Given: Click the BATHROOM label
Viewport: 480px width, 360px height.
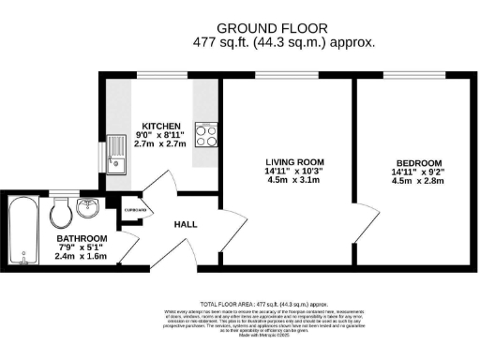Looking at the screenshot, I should tap(81, 239).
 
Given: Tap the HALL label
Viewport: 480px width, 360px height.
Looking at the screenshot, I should tap(185, 225).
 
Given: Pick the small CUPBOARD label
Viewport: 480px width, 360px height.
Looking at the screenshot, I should tap(135, 211).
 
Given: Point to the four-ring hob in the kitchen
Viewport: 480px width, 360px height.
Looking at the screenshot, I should tap(205, 135).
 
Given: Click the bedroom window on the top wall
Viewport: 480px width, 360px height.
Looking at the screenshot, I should tap(412, 76).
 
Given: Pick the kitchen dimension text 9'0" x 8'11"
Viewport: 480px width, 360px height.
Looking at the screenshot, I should tap(160, 135).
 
